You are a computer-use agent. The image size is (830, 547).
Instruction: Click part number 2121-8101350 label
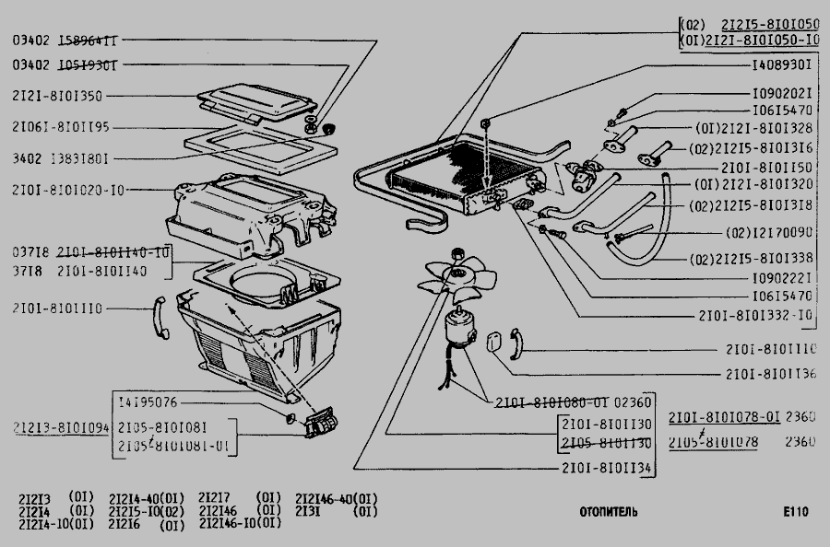(x=57, y=96)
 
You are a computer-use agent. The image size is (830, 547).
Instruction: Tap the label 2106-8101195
(x=61, y=126)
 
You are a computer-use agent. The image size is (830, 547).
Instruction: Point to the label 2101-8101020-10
(x=69, y=190)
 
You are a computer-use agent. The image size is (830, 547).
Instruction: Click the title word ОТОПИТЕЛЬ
(x=609, y=512)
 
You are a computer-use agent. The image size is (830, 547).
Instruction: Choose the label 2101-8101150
(x=769, y=168)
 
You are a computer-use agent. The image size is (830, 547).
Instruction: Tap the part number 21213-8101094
(x=62, y=428)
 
